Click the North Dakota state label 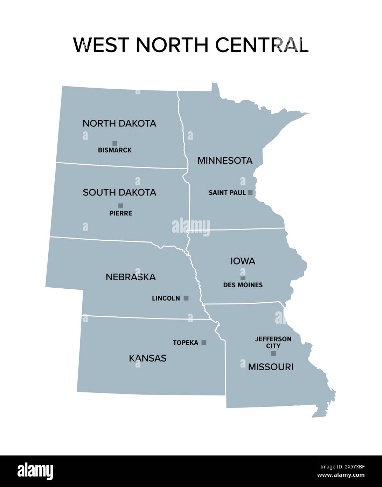pos(119,123)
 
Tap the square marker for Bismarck pos(115,143)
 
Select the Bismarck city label pos(115,150)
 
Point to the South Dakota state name pos(119,192)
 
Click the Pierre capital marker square pos(121,206)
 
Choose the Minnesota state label pos(225,160)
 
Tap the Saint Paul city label pos(227,193)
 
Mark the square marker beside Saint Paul pos(250,192)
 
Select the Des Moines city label pos(243,285)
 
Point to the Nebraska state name pos(131,277)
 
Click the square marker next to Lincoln pos(186,298)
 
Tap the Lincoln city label pos(166,299)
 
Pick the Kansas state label pos(148,358)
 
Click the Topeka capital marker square pos(204,342)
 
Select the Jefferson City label pos(273,342)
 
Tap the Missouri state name pos(271,367)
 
